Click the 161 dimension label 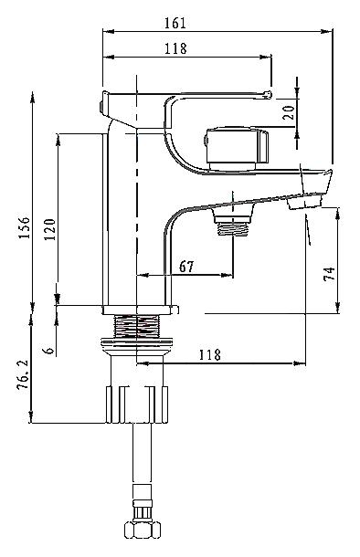point(175,23)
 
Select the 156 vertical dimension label point(25,227)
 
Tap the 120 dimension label point(49,229)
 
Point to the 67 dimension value point(186,266)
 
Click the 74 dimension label point(329,274)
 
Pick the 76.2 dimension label point(23,374)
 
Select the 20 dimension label point(290,112)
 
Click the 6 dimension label point(49,350)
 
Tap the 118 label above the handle point(175,48)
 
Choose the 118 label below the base point(209,354)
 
